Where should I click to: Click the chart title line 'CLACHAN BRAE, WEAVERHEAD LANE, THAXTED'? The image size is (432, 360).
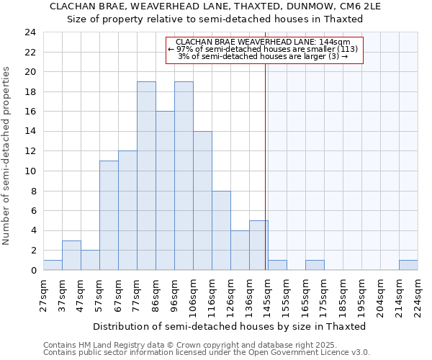[x=215, y=6]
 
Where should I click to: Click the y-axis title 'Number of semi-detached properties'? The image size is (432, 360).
[x=7, y=156]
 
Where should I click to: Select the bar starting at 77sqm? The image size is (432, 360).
[x=146, y=176]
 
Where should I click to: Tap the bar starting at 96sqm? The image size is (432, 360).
[x=184, y=176]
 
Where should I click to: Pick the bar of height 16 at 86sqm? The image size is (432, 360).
[x=165, y=191]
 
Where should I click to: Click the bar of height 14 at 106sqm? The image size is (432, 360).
[x=202, y=201]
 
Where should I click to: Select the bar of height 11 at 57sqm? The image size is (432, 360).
[x=109, y=215]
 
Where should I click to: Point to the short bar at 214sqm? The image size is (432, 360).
[x=408, y=265]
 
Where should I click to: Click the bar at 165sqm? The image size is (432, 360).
[x=315, y=265]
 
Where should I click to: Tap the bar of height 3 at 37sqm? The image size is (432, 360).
[x=71, y=256]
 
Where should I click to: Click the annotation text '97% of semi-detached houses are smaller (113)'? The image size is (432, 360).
[x=263, y=50]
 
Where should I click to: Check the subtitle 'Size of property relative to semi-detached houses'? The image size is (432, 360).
[x=215, y=19]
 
